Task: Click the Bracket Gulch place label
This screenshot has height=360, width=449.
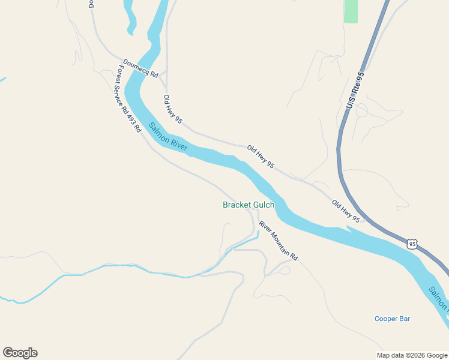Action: coord(249,205)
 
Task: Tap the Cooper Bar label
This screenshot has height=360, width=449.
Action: coord(392,319)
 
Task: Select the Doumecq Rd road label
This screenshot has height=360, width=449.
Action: coord(140,69)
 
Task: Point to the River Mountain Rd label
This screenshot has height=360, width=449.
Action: coord(278,241)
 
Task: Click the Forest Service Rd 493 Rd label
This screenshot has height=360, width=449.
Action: coord(128,99)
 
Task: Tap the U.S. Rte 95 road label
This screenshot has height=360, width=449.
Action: coord(355,91)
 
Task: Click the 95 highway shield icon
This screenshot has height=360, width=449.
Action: coord(411,244)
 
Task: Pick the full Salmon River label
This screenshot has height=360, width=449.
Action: coord(169,136)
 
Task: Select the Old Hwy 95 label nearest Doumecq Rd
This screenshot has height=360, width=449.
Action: coord(172,109)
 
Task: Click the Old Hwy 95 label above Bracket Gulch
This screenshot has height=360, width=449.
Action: coord(261,156)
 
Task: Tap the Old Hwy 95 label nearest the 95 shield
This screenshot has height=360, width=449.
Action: coord(346,211)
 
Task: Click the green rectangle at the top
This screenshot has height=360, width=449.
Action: coord(351,11)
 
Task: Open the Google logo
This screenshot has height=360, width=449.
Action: coord(20,353)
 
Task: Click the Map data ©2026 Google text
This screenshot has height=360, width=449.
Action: coord(412,355)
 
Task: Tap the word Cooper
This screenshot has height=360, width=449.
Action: coord(385,319)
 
